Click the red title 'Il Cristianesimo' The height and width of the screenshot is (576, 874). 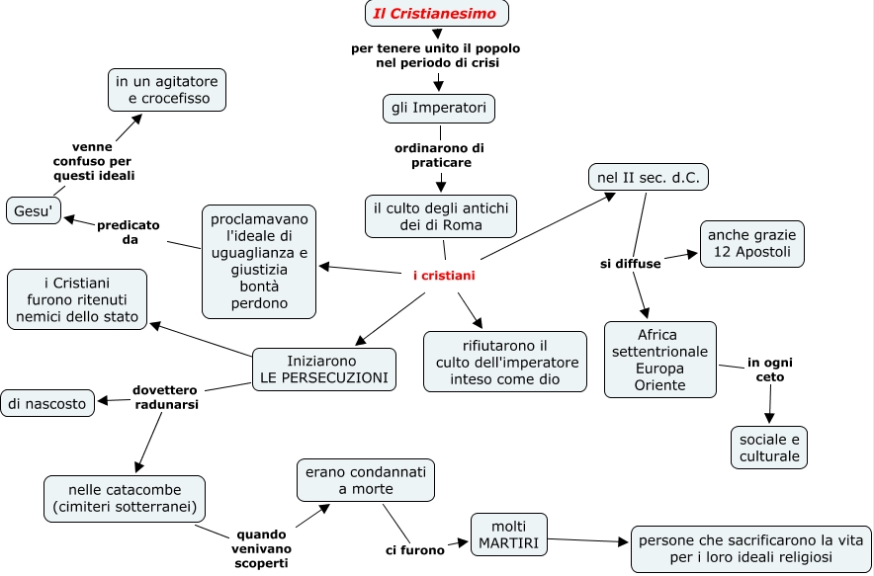[x=436, y=13]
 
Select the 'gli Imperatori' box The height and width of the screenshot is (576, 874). [x=439, y=108]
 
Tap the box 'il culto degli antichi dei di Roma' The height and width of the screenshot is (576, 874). [x=441, y=216]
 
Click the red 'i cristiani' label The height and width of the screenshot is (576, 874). [x=444, y=276]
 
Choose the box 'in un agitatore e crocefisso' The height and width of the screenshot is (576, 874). [x=167, y=90]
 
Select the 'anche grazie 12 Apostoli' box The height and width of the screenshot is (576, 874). [x=752, y=244]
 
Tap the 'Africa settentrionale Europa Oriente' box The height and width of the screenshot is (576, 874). [x=660, y=360]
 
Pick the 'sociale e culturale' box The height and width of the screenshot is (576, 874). [x=769, y=447]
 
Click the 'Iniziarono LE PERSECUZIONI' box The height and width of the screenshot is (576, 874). [x=324, y=369]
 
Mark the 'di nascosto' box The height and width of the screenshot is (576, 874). [x=48, y=402]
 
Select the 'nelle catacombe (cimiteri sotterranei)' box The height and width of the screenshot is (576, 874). [x=126, y=499]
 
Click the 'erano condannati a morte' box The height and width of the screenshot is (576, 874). [x=366, y=480]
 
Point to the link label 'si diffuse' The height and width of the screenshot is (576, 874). [x=631, y=264]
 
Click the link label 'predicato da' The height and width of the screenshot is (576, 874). [x=129, y=232]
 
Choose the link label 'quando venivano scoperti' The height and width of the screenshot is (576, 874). [x=261, y=546]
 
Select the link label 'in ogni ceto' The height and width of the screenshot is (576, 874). [x=769, y=370]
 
